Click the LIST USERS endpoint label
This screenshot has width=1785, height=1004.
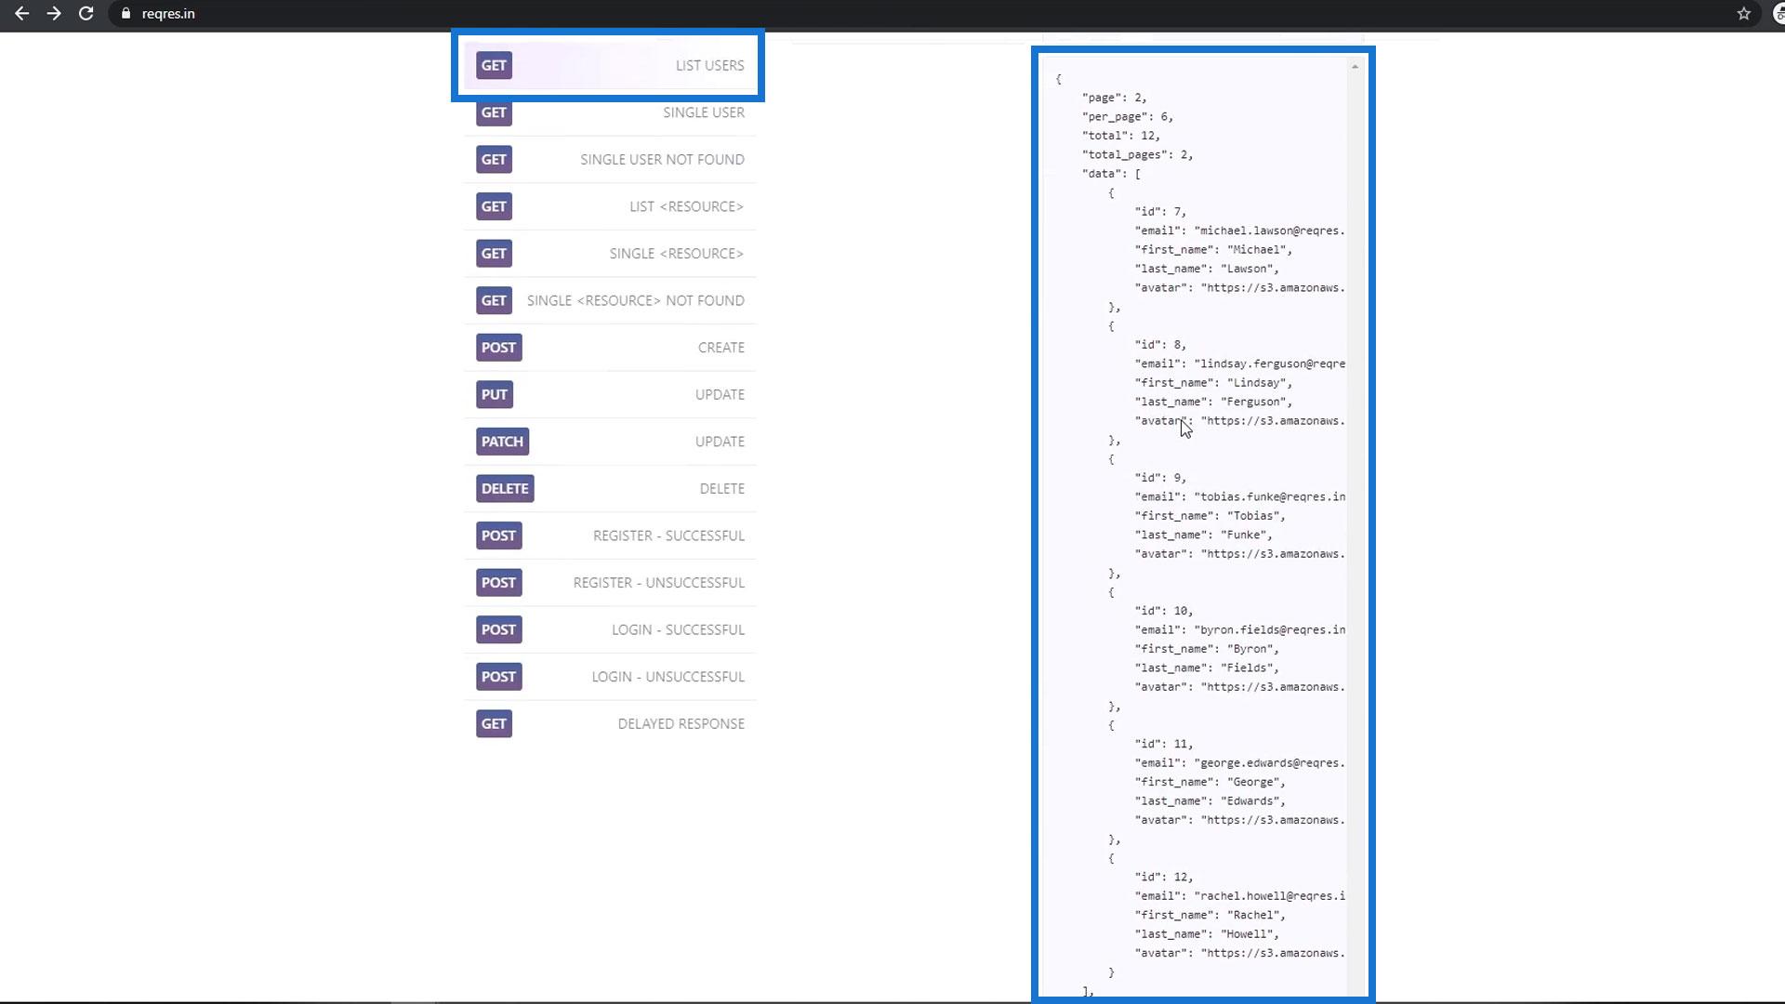pyautogui.click(x=709, y=65)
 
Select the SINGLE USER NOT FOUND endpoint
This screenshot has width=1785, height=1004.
pyautogui.click(x=662, y=159)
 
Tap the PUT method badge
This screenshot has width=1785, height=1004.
pyautogui.click(x=495, y=394)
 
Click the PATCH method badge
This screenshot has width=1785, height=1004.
pyautogui.click(x=502, y=442)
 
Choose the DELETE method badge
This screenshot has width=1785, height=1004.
pyautogui.click(x=505, y=488)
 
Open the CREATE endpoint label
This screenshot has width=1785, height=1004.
pyautogui.click(x=721, y=348)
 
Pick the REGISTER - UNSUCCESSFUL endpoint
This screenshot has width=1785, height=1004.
pyautogui.click(x=658, y=583)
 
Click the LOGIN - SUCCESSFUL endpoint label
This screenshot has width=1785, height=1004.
pyautogui.click(x=678, y=629)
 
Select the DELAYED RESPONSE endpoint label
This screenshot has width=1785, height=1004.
pyautogui.click(x=681, y=723)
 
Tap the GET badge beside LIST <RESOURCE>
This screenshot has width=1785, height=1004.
pyautogui.click(x=494, y=206)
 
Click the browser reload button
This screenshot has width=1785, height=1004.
pyautogui.click(x=86, y=14)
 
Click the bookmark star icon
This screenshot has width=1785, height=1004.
pyautogui.click(x=1743, y=14)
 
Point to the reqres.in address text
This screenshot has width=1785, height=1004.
pyautogui.click(x=168, y=14)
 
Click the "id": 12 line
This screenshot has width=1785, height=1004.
pyautogui.click(x=1163, y=877)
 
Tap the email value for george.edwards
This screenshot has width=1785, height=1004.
pyautogui.click(x=1269, y=763)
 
